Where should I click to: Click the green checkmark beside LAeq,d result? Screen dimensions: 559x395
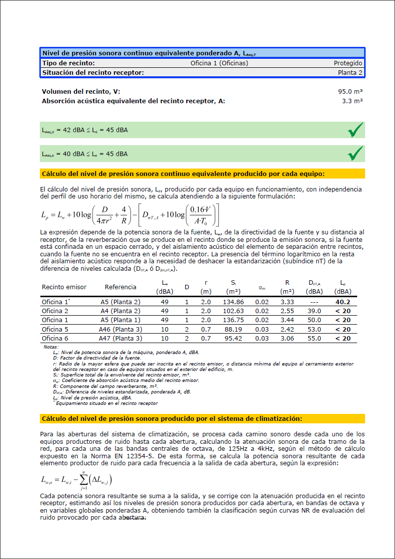click(x=355, y=130)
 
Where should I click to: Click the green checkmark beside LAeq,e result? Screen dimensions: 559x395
click(x=355, y=154)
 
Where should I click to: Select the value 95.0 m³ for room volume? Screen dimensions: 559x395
click(x=350, y=92)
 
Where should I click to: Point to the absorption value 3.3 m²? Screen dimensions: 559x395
click(x=352, y=101)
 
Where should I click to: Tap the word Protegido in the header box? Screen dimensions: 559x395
click(x=348, y=63)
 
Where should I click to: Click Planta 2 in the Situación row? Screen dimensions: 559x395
click(x=350, y=73)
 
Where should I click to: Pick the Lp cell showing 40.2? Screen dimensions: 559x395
click(x=343, y=302)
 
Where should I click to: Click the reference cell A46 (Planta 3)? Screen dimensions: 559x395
click(x=121, y=329)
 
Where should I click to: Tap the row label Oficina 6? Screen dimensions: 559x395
click(x=55, y=339)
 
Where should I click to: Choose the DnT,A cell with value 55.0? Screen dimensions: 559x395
click(x=314, y=339)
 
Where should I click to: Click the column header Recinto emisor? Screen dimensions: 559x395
click(x=64, y=287)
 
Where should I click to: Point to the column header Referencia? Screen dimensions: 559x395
click(x=121, y=287)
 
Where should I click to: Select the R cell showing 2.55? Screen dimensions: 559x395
click(x=287, y=311)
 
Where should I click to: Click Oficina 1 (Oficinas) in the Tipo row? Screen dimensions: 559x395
click(x=219, y=63)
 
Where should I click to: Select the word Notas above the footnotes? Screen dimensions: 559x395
click(x=51, y=346)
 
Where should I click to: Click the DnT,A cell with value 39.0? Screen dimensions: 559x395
click(x=314, y=311)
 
